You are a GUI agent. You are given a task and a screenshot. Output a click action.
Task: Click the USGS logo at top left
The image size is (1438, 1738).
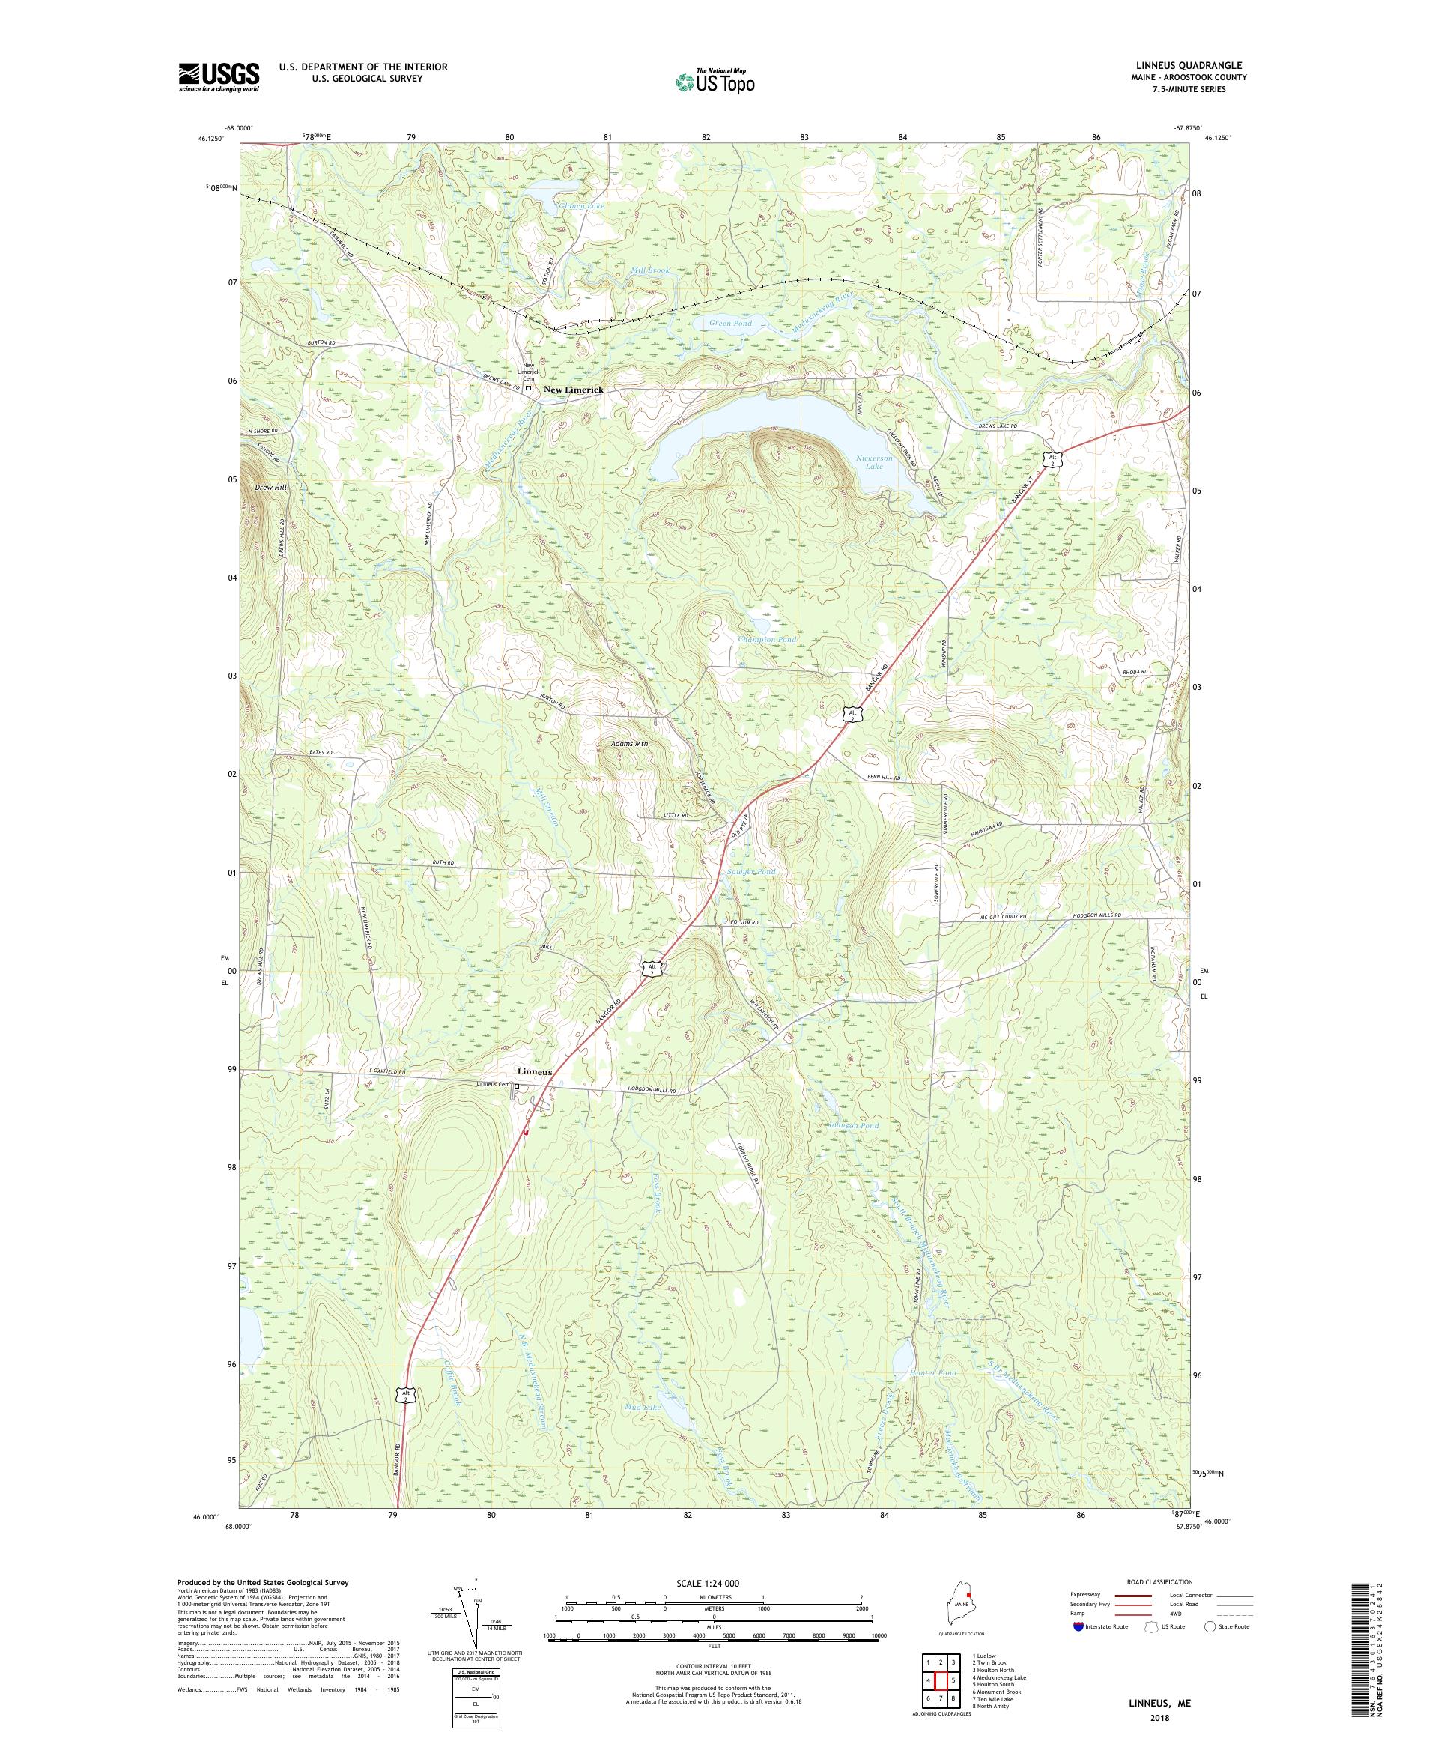[x=219, y=77]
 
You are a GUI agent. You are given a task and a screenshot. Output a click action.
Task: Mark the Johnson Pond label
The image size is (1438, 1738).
[x=852, y=1125]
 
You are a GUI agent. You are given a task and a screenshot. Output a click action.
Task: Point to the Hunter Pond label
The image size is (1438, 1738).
[x=932, y=1372]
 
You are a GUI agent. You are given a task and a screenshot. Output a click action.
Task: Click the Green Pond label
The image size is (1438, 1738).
[x=730, y=324]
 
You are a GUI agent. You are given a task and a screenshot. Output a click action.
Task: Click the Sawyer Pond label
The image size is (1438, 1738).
[x=750, y=872]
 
